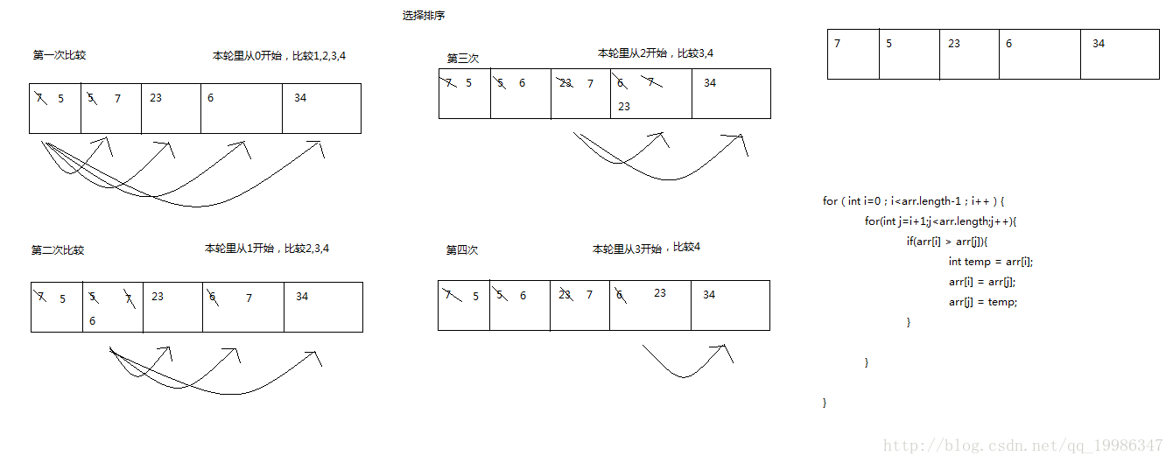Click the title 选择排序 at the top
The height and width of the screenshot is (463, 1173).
pyautogui.click(x=424, y=16)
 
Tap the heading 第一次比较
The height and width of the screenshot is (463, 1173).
pyautogui.click(x=60, y=55)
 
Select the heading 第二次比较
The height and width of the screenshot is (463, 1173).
pyautogui.click(x=58, y=250)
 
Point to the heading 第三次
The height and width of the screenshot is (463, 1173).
pyautogui.click(x=463, y=59)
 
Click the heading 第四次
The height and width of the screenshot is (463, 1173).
pyautogui.click(x=462, y=250)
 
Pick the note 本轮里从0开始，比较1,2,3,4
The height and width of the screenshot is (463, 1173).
pyautogui.click(x=285, y=55)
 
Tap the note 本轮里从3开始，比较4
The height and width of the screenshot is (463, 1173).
pyautogui.click(x=646, y=249)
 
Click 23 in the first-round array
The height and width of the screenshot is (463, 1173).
pyautogui.click(x=156, y=98)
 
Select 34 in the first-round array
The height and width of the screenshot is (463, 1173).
pyautogui.click(x=300, y=98)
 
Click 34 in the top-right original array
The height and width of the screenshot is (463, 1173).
pyautogui.click(x=1099, y=44)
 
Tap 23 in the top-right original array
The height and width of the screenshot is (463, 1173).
pyautogui.click(x=954, y=44)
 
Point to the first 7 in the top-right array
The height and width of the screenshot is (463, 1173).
pyautogui.click(x=838, y=44)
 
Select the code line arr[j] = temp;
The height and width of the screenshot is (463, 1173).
pyautogui.click(x=983, y=302)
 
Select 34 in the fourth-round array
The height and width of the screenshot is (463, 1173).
pyautogui.click(x=709, y=295)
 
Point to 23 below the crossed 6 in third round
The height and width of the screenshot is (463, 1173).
pyautogui.click(x=624, y=107)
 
